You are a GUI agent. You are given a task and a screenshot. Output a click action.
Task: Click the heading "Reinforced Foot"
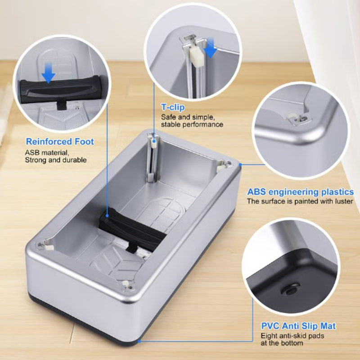(x=60, y=141)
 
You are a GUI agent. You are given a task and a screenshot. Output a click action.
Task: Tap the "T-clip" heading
(x=173, y=107)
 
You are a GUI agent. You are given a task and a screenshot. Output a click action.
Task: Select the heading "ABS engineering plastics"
(x=300, y=192)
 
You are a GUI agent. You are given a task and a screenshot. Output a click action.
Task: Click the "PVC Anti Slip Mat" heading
(x=298, y=326)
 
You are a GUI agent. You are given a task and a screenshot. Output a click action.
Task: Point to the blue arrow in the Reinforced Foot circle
(x=48, y=73)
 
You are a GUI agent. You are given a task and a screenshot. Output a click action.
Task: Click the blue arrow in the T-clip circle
(x=210, y=47)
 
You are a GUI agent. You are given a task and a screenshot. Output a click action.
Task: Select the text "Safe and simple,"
(x=188, y=117)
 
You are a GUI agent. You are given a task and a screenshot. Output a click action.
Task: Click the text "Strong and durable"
(x=56, y=160)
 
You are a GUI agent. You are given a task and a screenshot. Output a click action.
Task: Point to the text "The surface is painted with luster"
(x=300, y=201)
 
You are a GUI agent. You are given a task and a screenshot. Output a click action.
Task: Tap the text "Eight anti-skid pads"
(x=292, y=336)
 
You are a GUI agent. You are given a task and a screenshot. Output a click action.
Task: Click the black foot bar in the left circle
(x=60, y=90)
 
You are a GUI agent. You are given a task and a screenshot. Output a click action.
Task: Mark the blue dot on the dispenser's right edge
(x=240, y=164)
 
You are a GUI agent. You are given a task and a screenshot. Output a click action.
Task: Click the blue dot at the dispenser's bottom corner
(x=139, y=342)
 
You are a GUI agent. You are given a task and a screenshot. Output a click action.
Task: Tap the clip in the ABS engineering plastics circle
(x=298, y=118)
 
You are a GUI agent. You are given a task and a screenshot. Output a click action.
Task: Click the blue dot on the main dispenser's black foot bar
(x=107, y=216)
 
